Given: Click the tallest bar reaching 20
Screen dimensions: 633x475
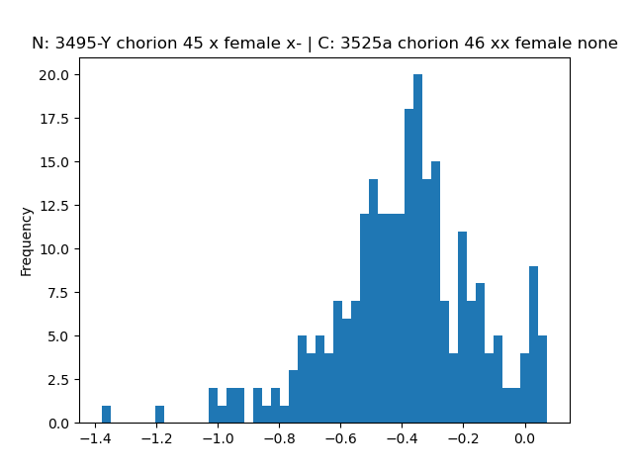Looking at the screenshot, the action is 417,248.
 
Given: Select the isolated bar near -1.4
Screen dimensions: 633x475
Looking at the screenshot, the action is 106,415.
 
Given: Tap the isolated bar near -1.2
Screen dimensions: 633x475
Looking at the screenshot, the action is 159,415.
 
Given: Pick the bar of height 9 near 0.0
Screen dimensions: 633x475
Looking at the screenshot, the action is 533,344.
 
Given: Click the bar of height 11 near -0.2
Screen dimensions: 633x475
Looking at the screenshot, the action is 462,328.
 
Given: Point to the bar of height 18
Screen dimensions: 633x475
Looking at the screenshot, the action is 408,266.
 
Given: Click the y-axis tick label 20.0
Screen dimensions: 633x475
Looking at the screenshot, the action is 53,75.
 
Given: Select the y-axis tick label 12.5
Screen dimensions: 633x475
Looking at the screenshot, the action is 53,206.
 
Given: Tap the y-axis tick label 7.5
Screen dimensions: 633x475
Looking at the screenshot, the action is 58,293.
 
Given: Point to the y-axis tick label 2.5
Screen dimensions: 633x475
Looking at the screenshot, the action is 58,380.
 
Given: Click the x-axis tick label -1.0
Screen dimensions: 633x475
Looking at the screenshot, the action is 218,438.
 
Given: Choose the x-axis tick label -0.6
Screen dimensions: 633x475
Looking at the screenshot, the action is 340,438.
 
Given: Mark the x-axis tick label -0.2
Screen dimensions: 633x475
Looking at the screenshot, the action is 464,438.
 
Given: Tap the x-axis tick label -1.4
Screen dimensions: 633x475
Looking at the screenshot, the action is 95,438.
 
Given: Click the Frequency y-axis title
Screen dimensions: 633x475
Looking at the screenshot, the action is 26,241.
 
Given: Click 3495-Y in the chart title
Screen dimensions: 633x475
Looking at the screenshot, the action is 82,43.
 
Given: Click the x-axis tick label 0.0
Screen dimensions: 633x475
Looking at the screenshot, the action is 525,438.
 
